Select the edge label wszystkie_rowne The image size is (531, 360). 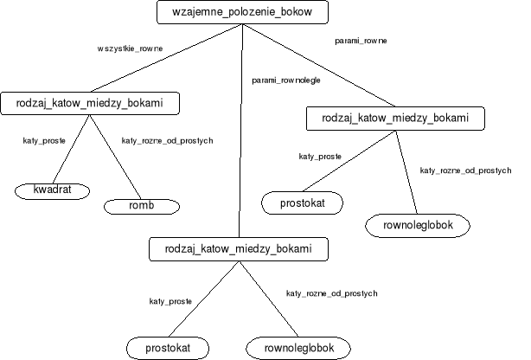[127, 49]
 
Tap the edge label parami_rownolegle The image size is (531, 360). [287, 80]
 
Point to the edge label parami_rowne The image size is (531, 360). [361, 41]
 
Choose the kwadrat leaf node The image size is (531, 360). [52, 189]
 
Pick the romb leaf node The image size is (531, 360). [141, 206]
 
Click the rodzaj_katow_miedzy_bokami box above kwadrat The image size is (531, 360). [91, 104]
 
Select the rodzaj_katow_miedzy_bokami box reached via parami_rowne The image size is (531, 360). [394, 118]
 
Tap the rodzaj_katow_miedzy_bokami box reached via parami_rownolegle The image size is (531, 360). [240, 248]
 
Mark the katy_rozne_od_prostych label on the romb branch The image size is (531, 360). [167, 140]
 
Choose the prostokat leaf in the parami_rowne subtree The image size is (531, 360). [302, 202]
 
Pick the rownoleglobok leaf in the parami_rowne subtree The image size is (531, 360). [418, 225]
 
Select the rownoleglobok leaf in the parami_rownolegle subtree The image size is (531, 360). [298, 348]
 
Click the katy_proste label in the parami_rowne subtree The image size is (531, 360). [320, 157]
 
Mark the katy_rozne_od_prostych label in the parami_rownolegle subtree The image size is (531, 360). [331, 294]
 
